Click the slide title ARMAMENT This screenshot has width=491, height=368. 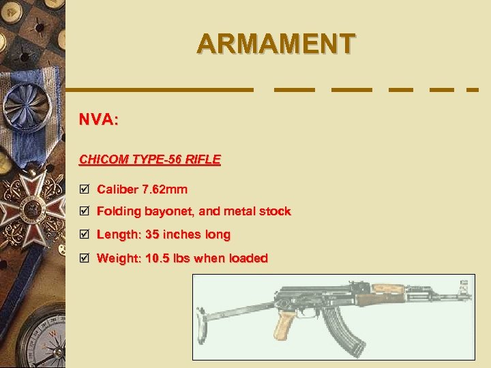pos(276,44)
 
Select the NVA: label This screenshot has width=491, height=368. pos(99,120)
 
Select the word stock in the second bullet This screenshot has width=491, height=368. pos(274,211)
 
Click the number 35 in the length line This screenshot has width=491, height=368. pos(152,234)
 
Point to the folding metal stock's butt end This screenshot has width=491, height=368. pos(203,316)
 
